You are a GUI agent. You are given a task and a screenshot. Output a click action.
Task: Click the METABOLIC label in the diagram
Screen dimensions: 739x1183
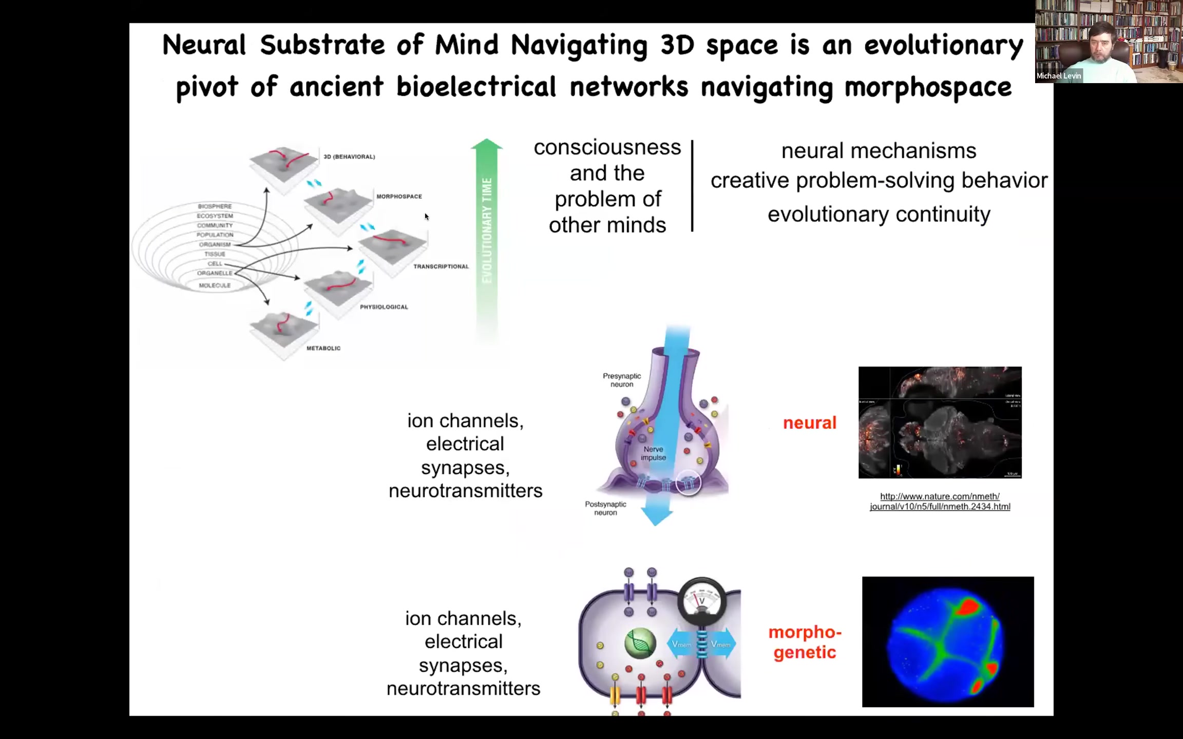point(323,348)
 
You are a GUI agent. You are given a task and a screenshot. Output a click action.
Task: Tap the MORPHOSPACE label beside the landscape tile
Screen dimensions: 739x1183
point(399,197)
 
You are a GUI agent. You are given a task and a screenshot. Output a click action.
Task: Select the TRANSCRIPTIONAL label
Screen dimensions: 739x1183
point(441,267)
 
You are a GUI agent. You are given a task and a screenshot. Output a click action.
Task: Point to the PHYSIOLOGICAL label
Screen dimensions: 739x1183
point(384,307)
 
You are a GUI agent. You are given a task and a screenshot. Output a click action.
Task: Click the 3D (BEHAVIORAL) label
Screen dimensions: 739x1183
point(349,157)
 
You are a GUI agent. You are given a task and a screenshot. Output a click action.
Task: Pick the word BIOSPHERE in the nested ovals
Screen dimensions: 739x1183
point(215,206)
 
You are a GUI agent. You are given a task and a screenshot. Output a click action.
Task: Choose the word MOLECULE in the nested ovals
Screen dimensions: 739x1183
point(215,285)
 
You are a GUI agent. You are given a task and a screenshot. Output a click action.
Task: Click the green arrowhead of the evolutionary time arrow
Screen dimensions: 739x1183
point(487,145)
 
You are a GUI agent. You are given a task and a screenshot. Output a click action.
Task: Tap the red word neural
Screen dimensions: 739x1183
point(810,423)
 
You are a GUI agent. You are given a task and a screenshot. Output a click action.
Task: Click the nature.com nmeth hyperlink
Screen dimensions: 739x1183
point(940,501)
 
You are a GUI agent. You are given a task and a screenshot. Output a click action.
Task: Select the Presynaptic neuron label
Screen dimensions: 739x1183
point(622,380)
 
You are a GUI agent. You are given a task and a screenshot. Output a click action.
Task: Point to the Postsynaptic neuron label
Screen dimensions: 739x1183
point(605,509)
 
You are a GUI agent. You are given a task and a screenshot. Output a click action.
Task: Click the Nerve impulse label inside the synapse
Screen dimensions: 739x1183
point(653,453)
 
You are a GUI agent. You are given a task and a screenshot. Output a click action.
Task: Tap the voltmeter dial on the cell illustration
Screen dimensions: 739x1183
point(702,600)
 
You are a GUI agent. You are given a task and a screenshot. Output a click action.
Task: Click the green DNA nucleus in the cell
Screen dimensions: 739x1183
point(640,644)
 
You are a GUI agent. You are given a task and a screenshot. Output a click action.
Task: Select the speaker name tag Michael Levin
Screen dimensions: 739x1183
point(1059,76)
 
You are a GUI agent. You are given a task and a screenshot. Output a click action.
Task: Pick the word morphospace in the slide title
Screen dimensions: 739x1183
point(928,87)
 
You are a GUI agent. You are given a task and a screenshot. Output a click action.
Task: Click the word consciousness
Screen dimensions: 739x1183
point(607,148)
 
